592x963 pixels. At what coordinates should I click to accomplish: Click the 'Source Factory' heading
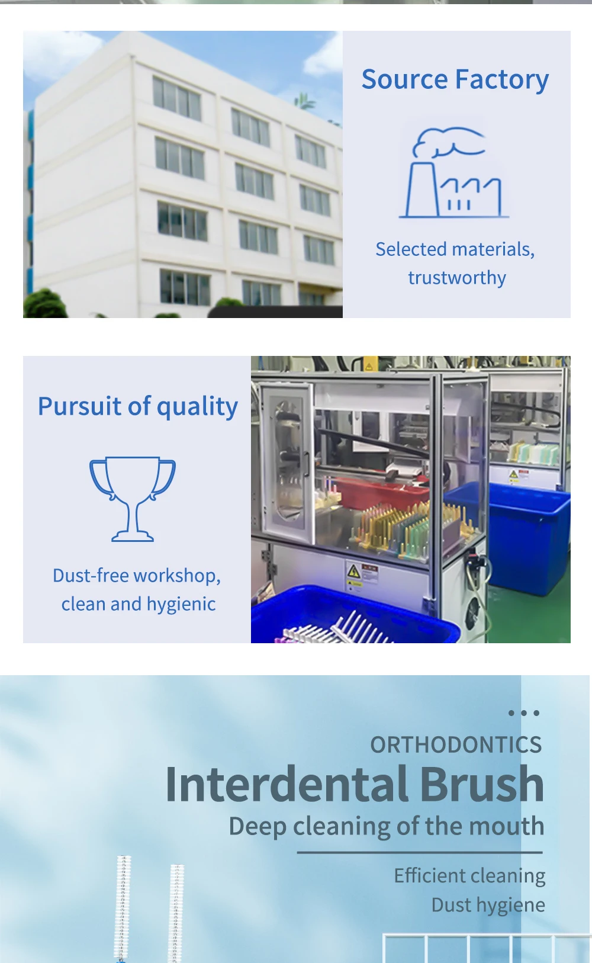455,79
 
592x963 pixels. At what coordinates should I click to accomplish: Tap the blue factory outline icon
454,172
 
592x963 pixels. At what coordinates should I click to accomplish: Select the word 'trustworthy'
457,278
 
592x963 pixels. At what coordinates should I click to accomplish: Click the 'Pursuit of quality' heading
138,406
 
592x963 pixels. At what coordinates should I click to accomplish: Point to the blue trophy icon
133,499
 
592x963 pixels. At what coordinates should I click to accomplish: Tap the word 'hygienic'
181,605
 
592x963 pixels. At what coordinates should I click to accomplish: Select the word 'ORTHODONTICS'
456,744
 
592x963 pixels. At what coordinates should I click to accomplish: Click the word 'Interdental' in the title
287,784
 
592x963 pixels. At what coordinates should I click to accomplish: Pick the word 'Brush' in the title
482,784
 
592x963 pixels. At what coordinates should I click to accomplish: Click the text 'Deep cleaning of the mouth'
387,826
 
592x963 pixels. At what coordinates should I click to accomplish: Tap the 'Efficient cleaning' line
469,875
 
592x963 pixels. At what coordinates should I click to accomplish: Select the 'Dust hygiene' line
488,905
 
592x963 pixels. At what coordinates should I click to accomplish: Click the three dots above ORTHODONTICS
524,713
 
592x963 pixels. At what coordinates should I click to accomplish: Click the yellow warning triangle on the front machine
353,572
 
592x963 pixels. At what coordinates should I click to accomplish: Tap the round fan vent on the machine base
474,610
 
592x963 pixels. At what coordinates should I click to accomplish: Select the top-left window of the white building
176,98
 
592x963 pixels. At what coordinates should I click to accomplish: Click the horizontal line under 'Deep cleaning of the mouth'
420,852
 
